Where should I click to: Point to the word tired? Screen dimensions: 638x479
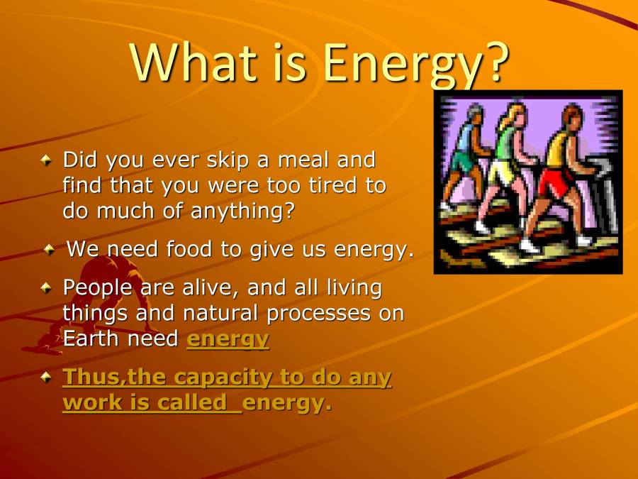point(333,185)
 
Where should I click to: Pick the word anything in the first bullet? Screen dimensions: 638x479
point(242,211)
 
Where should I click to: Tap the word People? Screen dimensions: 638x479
point(98,288)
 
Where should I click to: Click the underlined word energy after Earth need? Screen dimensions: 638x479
point(228,340)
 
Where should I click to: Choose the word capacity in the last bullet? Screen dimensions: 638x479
point(223,378)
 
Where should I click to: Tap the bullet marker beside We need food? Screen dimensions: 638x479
point(49,248)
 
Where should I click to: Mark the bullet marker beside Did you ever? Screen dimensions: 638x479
point(46,160)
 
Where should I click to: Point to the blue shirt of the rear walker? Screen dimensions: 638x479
point(466,138)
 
